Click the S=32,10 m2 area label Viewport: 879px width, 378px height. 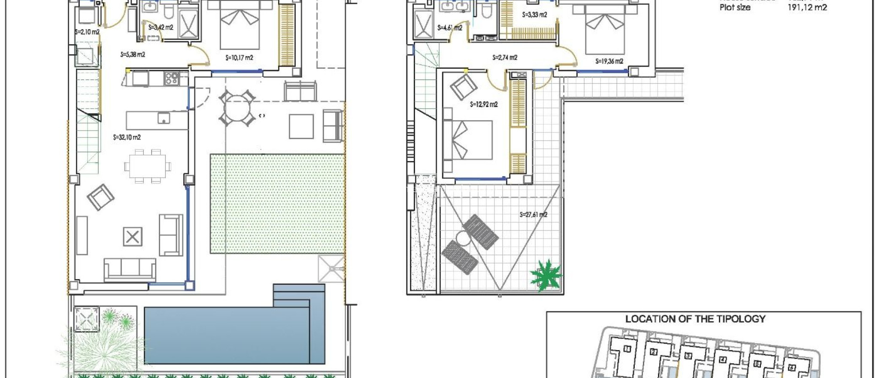[127, 137]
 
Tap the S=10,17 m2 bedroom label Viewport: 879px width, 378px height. [239, 58]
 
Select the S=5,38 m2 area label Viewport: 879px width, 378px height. [133, 55]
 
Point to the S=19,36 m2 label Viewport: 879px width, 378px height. [609, 61]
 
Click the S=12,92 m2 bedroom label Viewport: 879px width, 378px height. [484, 104]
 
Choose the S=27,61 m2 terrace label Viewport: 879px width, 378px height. [533, 215]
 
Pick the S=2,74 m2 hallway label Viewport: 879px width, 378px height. [505, 58]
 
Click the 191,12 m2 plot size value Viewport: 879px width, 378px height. [807, 7]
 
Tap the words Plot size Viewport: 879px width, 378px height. [735, 7]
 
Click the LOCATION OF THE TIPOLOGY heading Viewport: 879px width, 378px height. [695, 319]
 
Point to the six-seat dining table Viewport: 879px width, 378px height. [147, 166]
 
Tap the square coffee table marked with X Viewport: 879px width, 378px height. [133, 237]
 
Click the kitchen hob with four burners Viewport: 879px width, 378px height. [172, 78]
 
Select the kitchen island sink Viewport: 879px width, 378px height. [164, 118]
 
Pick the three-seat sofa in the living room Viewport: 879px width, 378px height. [130, 269]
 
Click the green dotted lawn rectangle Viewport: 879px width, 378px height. [277, 204]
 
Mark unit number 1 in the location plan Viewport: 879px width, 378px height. [627, 349]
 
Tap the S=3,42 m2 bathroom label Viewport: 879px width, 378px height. [161, 27]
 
